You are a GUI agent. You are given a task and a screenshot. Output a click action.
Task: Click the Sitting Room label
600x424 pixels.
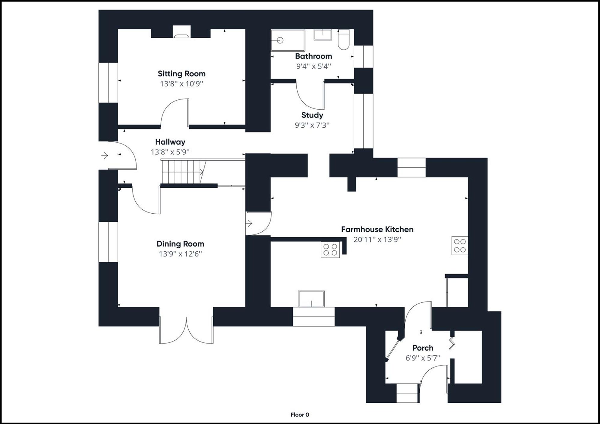click(x=181, y=74)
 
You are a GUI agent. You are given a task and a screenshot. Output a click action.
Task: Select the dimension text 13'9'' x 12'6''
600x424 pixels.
click(x=180, y=254)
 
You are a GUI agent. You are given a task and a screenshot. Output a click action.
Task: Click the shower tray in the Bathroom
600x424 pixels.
click(x=287, y=40)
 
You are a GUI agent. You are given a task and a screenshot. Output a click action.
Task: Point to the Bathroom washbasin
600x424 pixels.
click(x=323, y=34)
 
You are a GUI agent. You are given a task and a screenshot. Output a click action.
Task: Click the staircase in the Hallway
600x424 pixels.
click(x=182, y=172)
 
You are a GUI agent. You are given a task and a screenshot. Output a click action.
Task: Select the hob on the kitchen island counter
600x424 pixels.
click(x=330, y=250)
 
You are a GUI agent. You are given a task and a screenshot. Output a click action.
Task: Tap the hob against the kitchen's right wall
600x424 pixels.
click(x=460, y=246)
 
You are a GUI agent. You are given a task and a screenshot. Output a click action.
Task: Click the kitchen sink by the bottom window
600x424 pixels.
click(x=311, y=299)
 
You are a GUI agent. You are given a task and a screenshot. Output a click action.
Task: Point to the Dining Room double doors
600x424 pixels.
click(x=186, y=330)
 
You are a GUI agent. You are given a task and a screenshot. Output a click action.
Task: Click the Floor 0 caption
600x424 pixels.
click(x=300, y=415)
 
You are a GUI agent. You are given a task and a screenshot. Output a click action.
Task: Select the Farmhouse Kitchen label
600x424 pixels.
click(x=377, y=230)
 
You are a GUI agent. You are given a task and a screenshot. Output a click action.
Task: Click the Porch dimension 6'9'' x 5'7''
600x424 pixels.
click(x=423, y=358)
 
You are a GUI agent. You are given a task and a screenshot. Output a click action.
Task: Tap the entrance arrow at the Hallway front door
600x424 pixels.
click(x=105, y=156)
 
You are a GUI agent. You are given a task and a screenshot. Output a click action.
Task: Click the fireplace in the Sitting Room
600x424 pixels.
click(x=181, y=32)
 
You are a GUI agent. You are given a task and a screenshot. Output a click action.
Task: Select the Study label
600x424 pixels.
click(x=312, y=115)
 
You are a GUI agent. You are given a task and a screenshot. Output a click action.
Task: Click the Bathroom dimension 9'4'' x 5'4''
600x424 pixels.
click(x=313, y=66)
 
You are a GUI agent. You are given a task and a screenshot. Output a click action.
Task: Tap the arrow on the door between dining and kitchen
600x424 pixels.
click(x=249, y=224)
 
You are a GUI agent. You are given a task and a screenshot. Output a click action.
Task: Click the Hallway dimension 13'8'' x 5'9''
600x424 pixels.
click(x=170, y=152)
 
